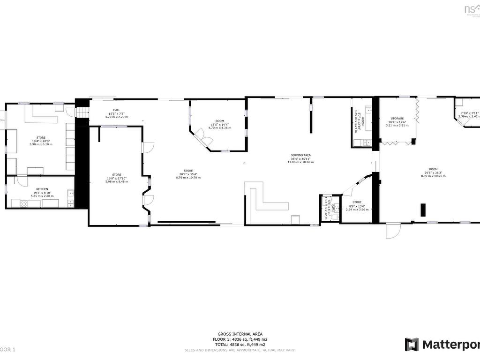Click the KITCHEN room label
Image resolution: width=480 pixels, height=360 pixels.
42,189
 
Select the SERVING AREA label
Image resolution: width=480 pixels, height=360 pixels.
300,155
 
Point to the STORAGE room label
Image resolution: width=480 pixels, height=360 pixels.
397,119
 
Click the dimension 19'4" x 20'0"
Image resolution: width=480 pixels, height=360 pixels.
41,141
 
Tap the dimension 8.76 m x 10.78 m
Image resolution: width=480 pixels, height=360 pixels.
188,178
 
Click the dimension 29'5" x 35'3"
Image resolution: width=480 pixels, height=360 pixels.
433,172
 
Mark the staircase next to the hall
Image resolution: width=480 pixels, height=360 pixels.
82,113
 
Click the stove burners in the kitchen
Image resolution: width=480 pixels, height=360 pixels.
23,203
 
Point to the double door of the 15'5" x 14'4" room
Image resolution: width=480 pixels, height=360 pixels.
204,136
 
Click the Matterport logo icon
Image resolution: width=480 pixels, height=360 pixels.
412,345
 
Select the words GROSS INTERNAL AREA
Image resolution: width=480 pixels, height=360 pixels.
240,334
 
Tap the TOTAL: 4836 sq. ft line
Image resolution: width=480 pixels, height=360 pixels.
240,345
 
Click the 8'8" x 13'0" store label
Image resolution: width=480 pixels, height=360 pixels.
357,202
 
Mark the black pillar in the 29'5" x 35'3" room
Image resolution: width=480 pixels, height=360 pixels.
423,210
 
